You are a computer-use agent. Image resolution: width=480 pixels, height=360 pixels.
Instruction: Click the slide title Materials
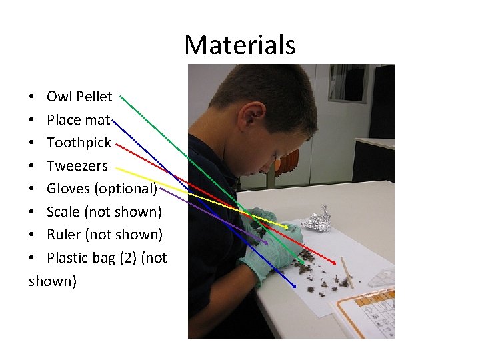coord(239,45)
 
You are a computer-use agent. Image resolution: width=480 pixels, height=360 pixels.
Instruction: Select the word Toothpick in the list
coord(79,143)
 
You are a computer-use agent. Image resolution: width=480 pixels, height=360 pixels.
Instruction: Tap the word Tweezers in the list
coord(77,165)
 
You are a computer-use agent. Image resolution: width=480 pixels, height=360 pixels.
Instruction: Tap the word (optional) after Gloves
coord(125,189)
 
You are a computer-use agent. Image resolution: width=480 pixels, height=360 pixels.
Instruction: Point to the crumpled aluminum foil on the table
coord(317,219)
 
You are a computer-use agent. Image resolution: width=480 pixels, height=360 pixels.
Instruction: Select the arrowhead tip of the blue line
coord(295,287)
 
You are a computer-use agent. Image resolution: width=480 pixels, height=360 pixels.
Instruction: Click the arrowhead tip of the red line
coord(335,262)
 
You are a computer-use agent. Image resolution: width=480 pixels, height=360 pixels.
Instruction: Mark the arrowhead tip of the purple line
coord(267,243)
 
